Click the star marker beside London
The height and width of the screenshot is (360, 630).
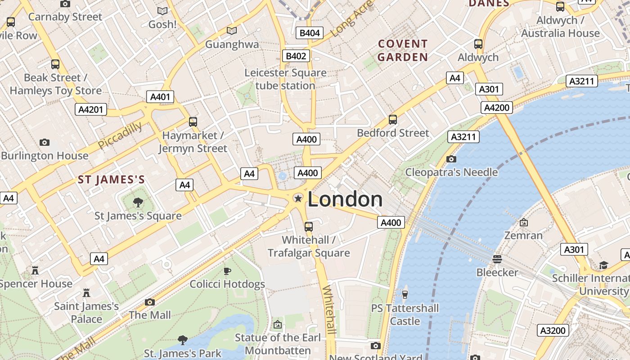click(x=297, y=198)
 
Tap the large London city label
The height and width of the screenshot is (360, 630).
click(x=345, y=199)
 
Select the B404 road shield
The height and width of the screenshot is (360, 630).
click(x=310, y=33)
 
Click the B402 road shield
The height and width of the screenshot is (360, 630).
click(x=296, y=56)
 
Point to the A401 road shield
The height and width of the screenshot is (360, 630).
click(x=160, y=97)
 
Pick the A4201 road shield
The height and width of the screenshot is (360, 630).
click(x=91, y=109)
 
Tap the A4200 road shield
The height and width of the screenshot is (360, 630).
click(x=497, y=108)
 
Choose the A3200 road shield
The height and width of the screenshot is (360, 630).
click(x=553, y=331)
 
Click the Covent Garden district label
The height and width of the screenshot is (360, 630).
click(x=402, y=50)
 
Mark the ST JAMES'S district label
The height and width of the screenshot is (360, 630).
click(x=112, y=180)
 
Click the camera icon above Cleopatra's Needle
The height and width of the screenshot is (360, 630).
click(x=451, y=159)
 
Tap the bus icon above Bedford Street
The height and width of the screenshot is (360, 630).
click(x=393, y=120)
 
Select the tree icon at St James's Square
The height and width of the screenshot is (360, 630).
click(x=138, y=202)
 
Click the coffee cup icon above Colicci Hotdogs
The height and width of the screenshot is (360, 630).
click(x=227, y=271)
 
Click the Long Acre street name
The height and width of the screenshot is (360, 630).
click(x=352, y=19)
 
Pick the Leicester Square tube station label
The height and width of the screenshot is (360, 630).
click(x=286, y=79)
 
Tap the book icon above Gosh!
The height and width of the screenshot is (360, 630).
click(x=162, y=11)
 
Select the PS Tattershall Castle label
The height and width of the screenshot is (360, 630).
click(x=405, y=315)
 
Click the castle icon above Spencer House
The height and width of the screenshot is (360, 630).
click(x=35, y=270)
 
